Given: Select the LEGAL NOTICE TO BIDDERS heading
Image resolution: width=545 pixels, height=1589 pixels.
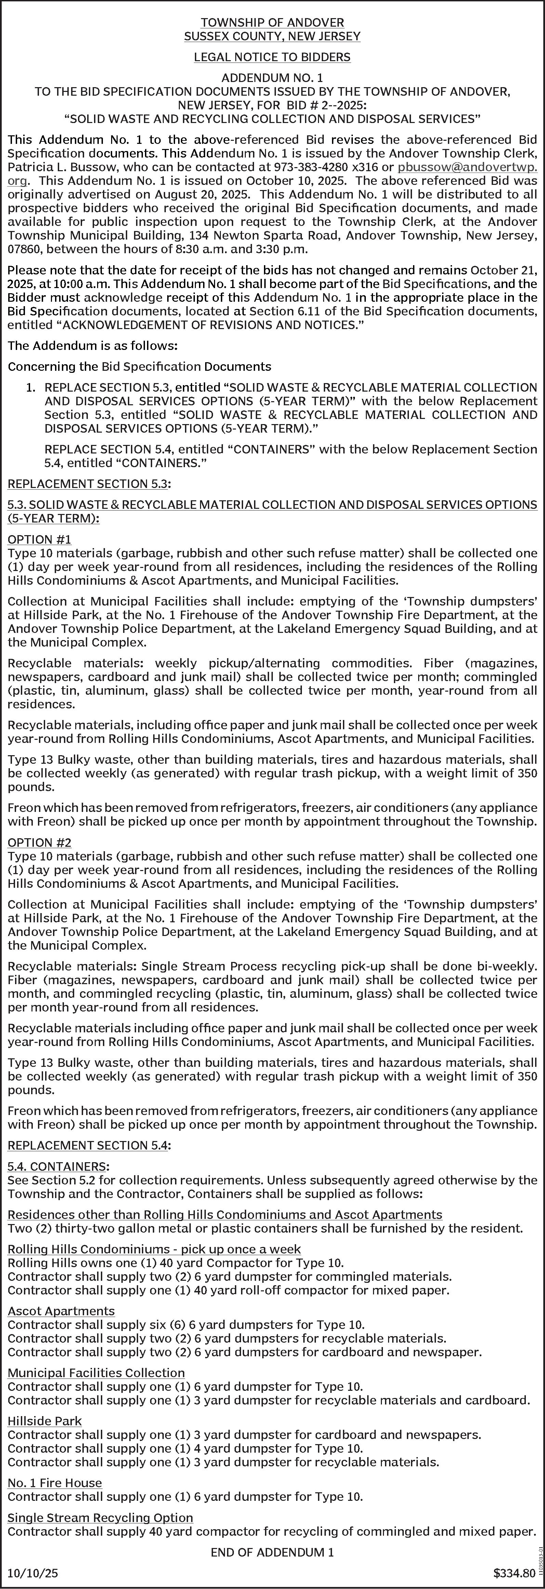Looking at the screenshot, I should (272, 57).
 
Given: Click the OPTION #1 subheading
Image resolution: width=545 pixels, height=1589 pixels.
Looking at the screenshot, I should (40, 539).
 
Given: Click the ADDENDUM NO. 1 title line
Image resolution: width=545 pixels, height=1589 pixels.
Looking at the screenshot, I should (272, 78).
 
